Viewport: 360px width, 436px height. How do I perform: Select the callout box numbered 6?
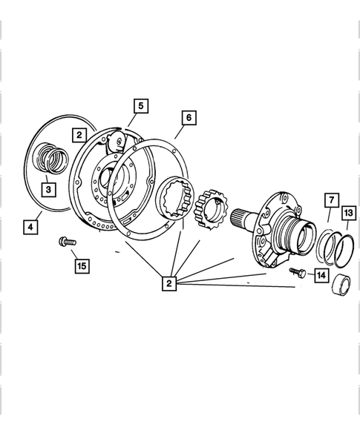click(x=188, y=118)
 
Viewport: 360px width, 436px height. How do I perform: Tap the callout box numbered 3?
click(x=48, y=190)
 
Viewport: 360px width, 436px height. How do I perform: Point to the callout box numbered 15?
click(x=79, y=265)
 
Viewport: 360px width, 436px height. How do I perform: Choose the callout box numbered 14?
click(x=321, y=276)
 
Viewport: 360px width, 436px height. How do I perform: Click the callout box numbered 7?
click(x=330, y=200)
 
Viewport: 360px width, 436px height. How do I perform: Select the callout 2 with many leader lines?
click(x=170, y=283)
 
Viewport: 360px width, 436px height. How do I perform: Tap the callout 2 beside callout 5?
click(x=79, y=134)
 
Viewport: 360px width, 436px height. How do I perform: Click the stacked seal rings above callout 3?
click(x=53, y=159)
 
